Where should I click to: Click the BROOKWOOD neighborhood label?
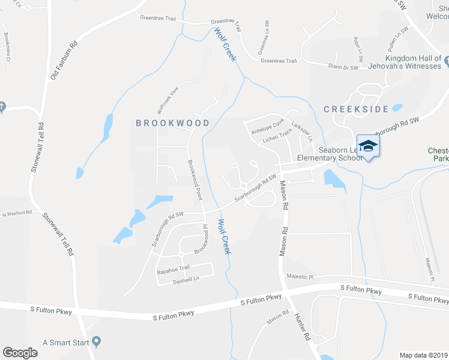coord(172,123)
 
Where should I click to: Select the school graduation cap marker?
coord(368,146)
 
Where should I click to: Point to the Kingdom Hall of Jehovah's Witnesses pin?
coord(447,59)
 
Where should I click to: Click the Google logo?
coord(20,353)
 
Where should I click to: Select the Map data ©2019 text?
coord(423,355)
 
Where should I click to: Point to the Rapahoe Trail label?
coord(173,268)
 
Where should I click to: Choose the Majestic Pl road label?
coord(300,277)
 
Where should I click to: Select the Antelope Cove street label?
coord(267,126)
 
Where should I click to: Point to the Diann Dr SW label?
coord(343,67)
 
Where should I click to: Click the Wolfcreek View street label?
coord(168,100)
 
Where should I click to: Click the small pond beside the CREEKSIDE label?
coord(397,109)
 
